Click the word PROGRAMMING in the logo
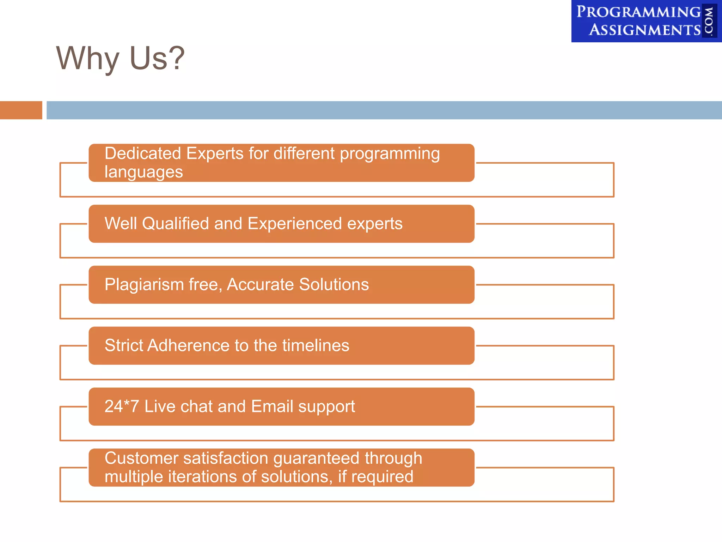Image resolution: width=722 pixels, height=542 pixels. point(638,12)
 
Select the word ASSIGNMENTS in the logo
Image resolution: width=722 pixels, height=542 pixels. point(645,30)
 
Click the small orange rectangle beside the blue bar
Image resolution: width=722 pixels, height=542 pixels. point(21,110)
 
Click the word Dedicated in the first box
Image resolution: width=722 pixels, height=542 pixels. point(142,154)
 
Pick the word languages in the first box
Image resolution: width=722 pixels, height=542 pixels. point(143,173)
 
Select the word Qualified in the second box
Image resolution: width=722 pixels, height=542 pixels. point(175,224)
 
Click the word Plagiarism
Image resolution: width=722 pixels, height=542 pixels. point(144,285)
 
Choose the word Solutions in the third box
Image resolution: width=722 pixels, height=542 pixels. point(334,284)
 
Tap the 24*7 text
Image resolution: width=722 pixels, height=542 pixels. point(121,406)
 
